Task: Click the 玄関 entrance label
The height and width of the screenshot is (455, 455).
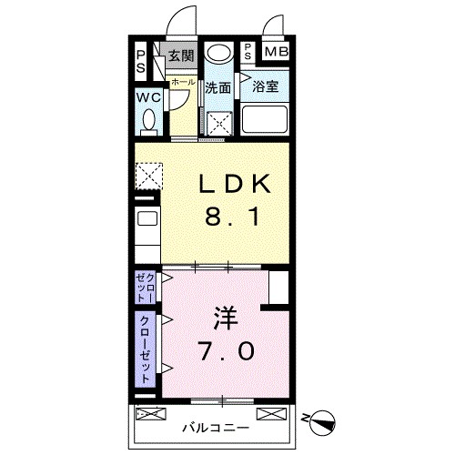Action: click(x=182, y=56)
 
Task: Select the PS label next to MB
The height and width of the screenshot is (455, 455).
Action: click(x=248, y=52)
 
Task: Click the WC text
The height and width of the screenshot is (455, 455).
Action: click(x=149, y=97)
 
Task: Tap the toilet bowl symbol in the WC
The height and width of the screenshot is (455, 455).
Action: click(x=150, y=121)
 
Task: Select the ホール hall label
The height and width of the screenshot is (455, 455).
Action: click(x=183, y=82)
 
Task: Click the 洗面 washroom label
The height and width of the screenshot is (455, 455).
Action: click(x=217, y=89)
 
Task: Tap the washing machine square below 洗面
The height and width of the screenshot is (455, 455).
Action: click(x=218, y=123)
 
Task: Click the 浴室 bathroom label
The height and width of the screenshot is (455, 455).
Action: click(x=265, y=89)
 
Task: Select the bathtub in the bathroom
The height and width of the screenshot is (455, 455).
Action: click(x=264, y=120)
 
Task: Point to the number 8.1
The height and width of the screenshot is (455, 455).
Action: click(x=235, y=218)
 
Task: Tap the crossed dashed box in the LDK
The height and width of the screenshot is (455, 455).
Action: click(x=148, y=174)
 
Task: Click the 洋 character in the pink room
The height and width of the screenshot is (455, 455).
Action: click(x=227, y=318)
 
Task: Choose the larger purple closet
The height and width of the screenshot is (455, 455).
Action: click(x=146, y=349)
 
